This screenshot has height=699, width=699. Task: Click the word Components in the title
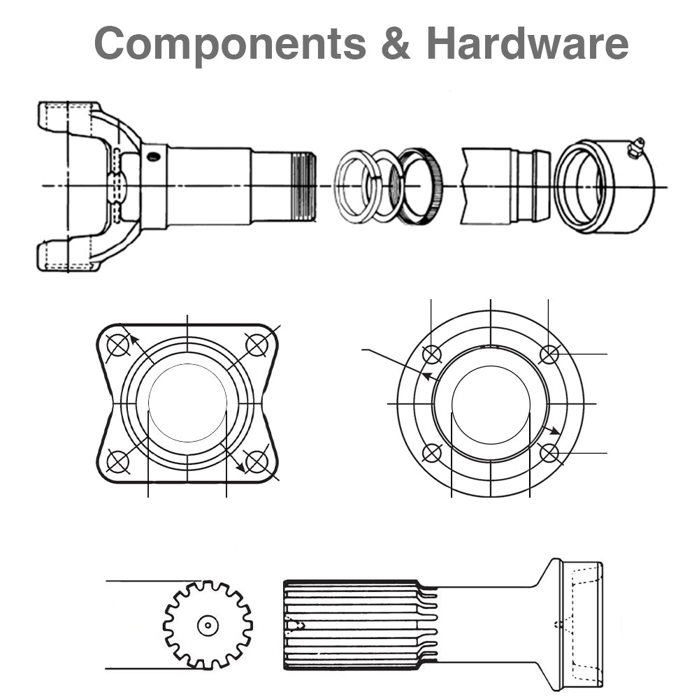[x=230, y=43]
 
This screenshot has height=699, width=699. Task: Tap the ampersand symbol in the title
[x=396, y=43]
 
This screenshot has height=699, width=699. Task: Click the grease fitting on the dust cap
[x=635, y=147]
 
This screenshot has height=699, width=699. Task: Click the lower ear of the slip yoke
[x=66, y=256]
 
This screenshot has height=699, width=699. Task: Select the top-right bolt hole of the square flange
[x=257, y=345]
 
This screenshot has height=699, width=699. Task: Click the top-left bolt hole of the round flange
[x=433, y=354]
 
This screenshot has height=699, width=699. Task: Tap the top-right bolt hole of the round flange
[x=550, y=354]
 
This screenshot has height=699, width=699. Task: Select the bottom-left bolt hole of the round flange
[x=433, y=453]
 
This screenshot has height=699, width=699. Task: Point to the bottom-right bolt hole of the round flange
[x=550, y=453]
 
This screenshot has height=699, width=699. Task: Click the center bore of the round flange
[x=491, y=404]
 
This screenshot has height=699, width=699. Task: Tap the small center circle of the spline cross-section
[x=208, y=625]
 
